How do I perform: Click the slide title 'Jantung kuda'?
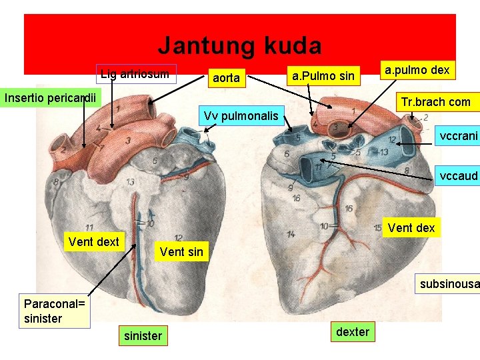coord(239,46)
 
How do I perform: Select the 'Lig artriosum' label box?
coord(134,73)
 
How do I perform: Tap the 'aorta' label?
coord(225,78)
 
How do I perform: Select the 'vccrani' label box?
coord(458,136)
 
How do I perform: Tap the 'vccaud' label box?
coord(459,176)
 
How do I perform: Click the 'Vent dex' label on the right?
coord(411,228)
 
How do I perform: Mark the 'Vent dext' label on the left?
coord(93,242)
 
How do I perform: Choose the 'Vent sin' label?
coord(182,252)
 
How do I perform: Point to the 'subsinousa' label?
coord(449,285)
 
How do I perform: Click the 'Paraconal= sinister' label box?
coord(55,311)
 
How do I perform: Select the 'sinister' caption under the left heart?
coord(143,335)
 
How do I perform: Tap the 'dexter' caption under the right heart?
coord(353,332)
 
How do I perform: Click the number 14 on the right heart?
coord(291,234)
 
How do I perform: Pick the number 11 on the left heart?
coord(89,228)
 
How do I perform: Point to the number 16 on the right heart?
coord(349,209)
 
